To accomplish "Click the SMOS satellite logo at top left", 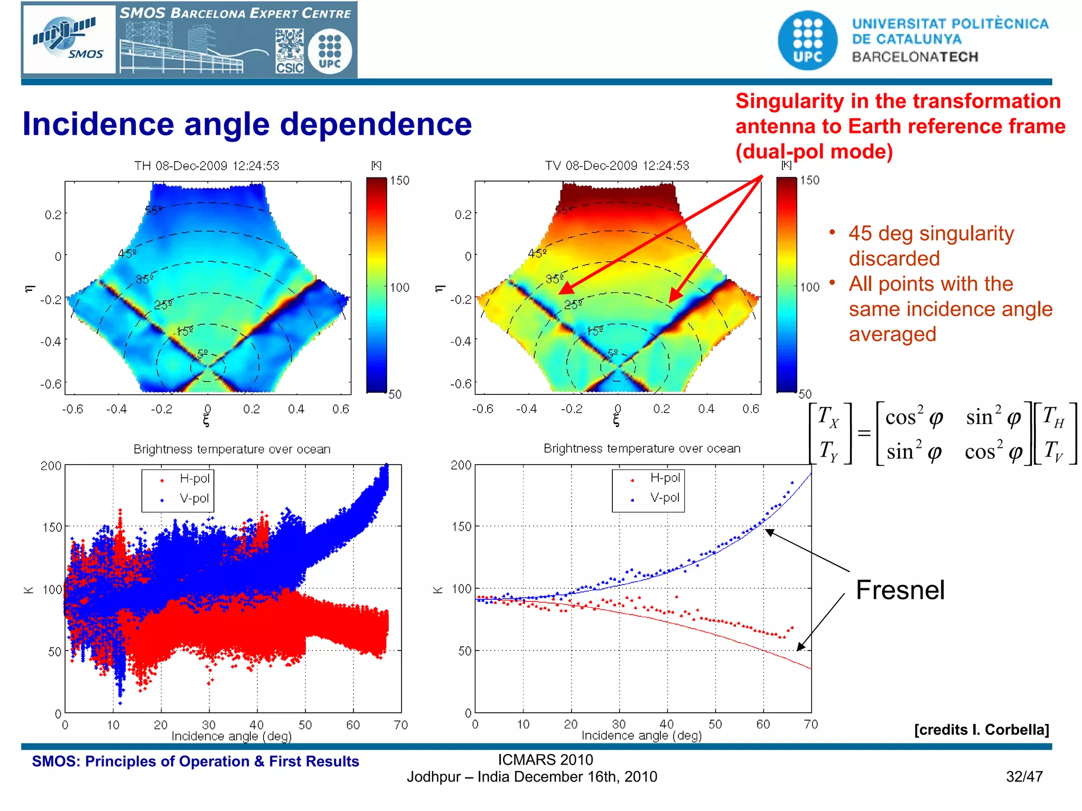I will pos(69,39).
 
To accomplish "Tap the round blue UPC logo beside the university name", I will pos(807,40).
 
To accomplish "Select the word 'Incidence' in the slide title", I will pos(98,125).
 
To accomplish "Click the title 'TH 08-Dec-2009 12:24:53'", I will pos(206,166).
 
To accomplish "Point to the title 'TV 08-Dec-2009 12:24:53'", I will pos(617,166).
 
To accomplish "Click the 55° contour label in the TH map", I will pos(154,211).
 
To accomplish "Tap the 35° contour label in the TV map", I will pos(554,279).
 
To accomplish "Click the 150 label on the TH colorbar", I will pos(399,181).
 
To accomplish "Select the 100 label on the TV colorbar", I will pos(809,287).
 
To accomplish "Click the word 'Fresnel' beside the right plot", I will pos(900,590).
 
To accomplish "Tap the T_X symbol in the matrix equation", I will pos(828,417).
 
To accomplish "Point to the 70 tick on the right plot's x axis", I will pos(810,724).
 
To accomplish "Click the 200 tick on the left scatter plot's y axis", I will pos(51,466).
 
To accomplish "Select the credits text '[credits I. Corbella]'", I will pos(981,730).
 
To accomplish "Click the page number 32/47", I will pos(1024,777).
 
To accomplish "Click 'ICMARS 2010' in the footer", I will pos(545,760).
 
